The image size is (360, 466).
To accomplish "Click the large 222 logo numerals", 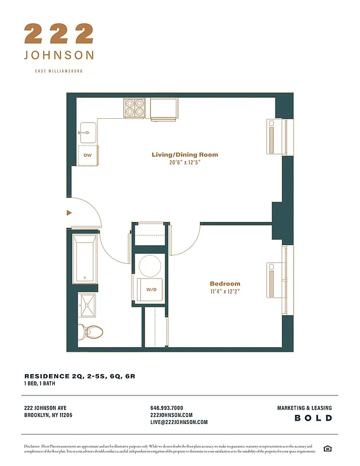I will point(58,33).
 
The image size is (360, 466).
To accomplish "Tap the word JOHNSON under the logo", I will point(59,55).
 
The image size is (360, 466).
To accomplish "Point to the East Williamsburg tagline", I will point(59,71).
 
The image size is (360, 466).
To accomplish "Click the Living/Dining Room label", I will point(185,154).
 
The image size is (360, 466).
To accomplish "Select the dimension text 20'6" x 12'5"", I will point(185,163).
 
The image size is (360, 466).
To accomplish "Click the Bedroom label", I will point(225,284).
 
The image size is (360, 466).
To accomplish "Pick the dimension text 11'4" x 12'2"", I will point(225,291).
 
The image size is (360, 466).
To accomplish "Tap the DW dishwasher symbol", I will point(87,155).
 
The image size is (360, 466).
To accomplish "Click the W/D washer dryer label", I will point(151,289).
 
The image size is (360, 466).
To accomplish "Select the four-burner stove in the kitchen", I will point(135,108).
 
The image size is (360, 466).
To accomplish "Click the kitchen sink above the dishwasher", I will point(87,132).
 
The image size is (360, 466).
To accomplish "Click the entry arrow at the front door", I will point(69,213).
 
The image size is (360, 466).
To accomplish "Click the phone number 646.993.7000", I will point(167,408).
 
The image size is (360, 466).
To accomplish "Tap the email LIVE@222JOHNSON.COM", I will point(179,422).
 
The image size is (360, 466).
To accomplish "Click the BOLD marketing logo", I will point(313,418).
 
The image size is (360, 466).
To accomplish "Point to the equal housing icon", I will point(327,448).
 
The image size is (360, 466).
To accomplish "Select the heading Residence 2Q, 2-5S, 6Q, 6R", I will point(79,376).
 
